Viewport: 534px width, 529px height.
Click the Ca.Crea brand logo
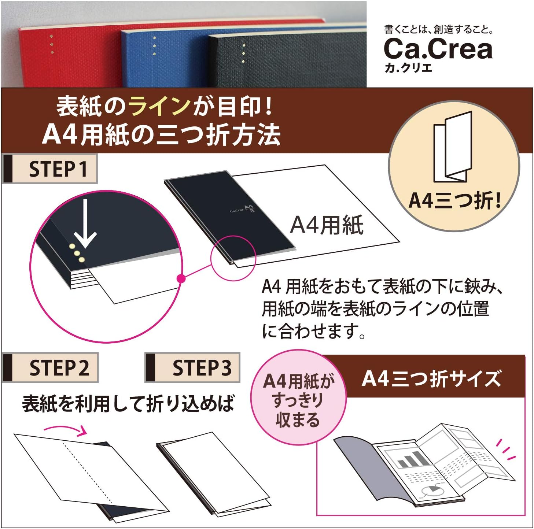pos(438,49)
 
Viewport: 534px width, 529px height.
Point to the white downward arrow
pos(85,223)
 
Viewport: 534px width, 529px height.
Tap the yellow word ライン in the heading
pos(160,106)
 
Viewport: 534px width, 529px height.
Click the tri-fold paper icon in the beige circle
pos(453,147)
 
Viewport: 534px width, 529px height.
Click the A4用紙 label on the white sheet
pos(327,225)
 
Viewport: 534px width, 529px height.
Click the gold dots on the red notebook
pos(52,44)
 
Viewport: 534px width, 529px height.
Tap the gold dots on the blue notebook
pos(154,46)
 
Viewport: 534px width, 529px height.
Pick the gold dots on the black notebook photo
pos(244,53)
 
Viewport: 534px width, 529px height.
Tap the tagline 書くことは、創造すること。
pos(438,29)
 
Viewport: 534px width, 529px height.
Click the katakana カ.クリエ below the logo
pos(408,68)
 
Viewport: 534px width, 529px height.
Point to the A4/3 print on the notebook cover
pos(249,208)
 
